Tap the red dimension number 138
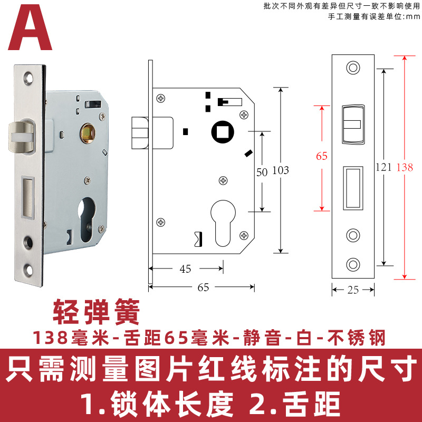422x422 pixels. tap(405, 167)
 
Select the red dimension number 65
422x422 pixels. tap(322, 156)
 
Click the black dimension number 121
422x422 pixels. tap(384, 167)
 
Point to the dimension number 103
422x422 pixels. tap(281, 170)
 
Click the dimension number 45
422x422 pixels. tap(185, 269)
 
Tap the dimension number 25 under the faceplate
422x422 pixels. tap(353, 290)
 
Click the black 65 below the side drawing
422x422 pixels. tap(203, 287)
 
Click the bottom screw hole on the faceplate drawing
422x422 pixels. tap(352, 263)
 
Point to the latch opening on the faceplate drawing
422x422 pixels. tap(352, 124)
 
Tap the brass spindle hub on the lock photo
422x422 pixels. tap(86, 132)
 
